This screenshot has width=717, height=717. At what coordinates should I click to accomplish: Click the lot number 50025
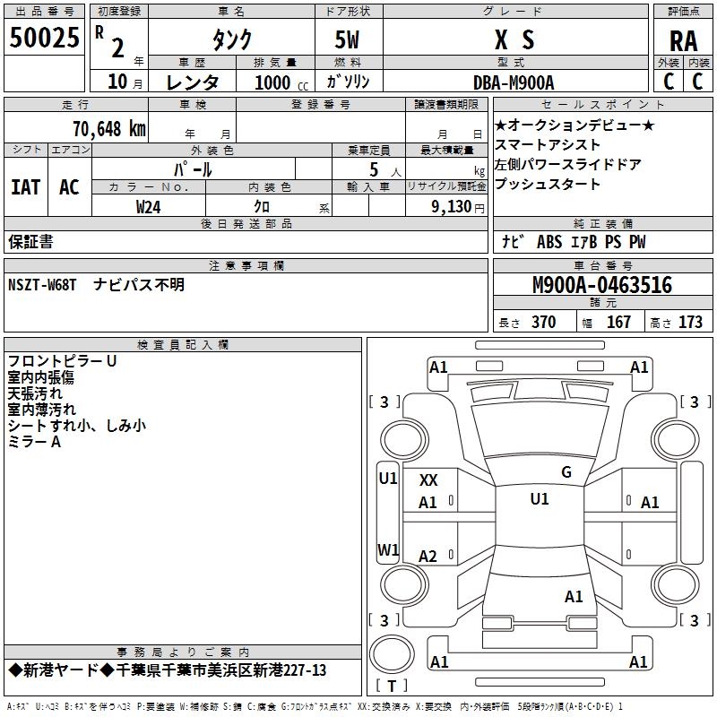point(44,39)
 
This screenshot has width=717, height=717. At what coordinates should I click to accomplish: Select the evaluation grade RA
point(683,40)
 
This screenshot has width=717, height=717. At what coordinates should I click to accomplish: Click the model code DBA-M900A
point(514,82)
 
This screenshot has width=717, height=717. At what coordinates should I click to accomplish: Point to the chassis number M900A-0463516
point(601,285)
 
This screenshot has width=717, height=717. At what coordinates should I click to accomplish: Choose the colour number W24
point(149,206)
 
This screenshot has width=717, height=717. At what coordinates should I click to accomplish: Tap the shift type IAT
point(26,187)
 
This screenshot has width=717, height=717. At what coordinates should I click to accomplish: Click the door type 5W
point(349,39)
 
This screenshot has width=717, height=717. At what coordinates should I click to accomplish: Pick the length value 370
point(543,322)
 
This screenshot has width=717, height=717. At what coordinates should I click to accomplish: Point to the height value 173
point(690,322)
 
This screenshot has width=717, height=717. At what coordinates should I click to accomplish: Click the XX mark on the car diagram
point(428,481)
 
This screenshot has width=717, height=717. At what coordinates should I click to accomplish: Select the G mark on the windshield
point(566,472)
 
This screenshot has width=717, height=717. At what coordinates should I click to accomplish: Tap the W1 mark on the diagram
point(388,549)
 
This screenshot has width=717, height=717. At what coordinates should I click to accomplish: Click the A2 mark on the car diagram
point(428,557)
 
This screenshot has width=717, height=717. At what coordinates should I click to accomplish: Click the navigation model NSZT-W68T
point(43,284)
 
